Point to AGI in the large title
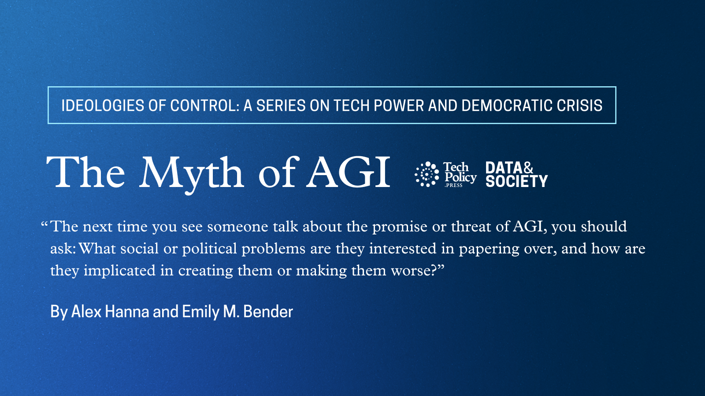point(349,172)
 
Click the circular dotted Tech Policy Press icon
point(427,174)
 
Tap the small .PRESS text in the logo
point(453,185)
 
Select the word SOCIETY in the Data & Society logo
point(517,181)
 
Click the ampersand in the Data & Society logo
point(528,168)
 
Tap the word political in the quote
point(209,249)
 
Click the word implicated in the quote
point(119,271)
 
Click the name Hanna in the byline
point(127,312)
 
